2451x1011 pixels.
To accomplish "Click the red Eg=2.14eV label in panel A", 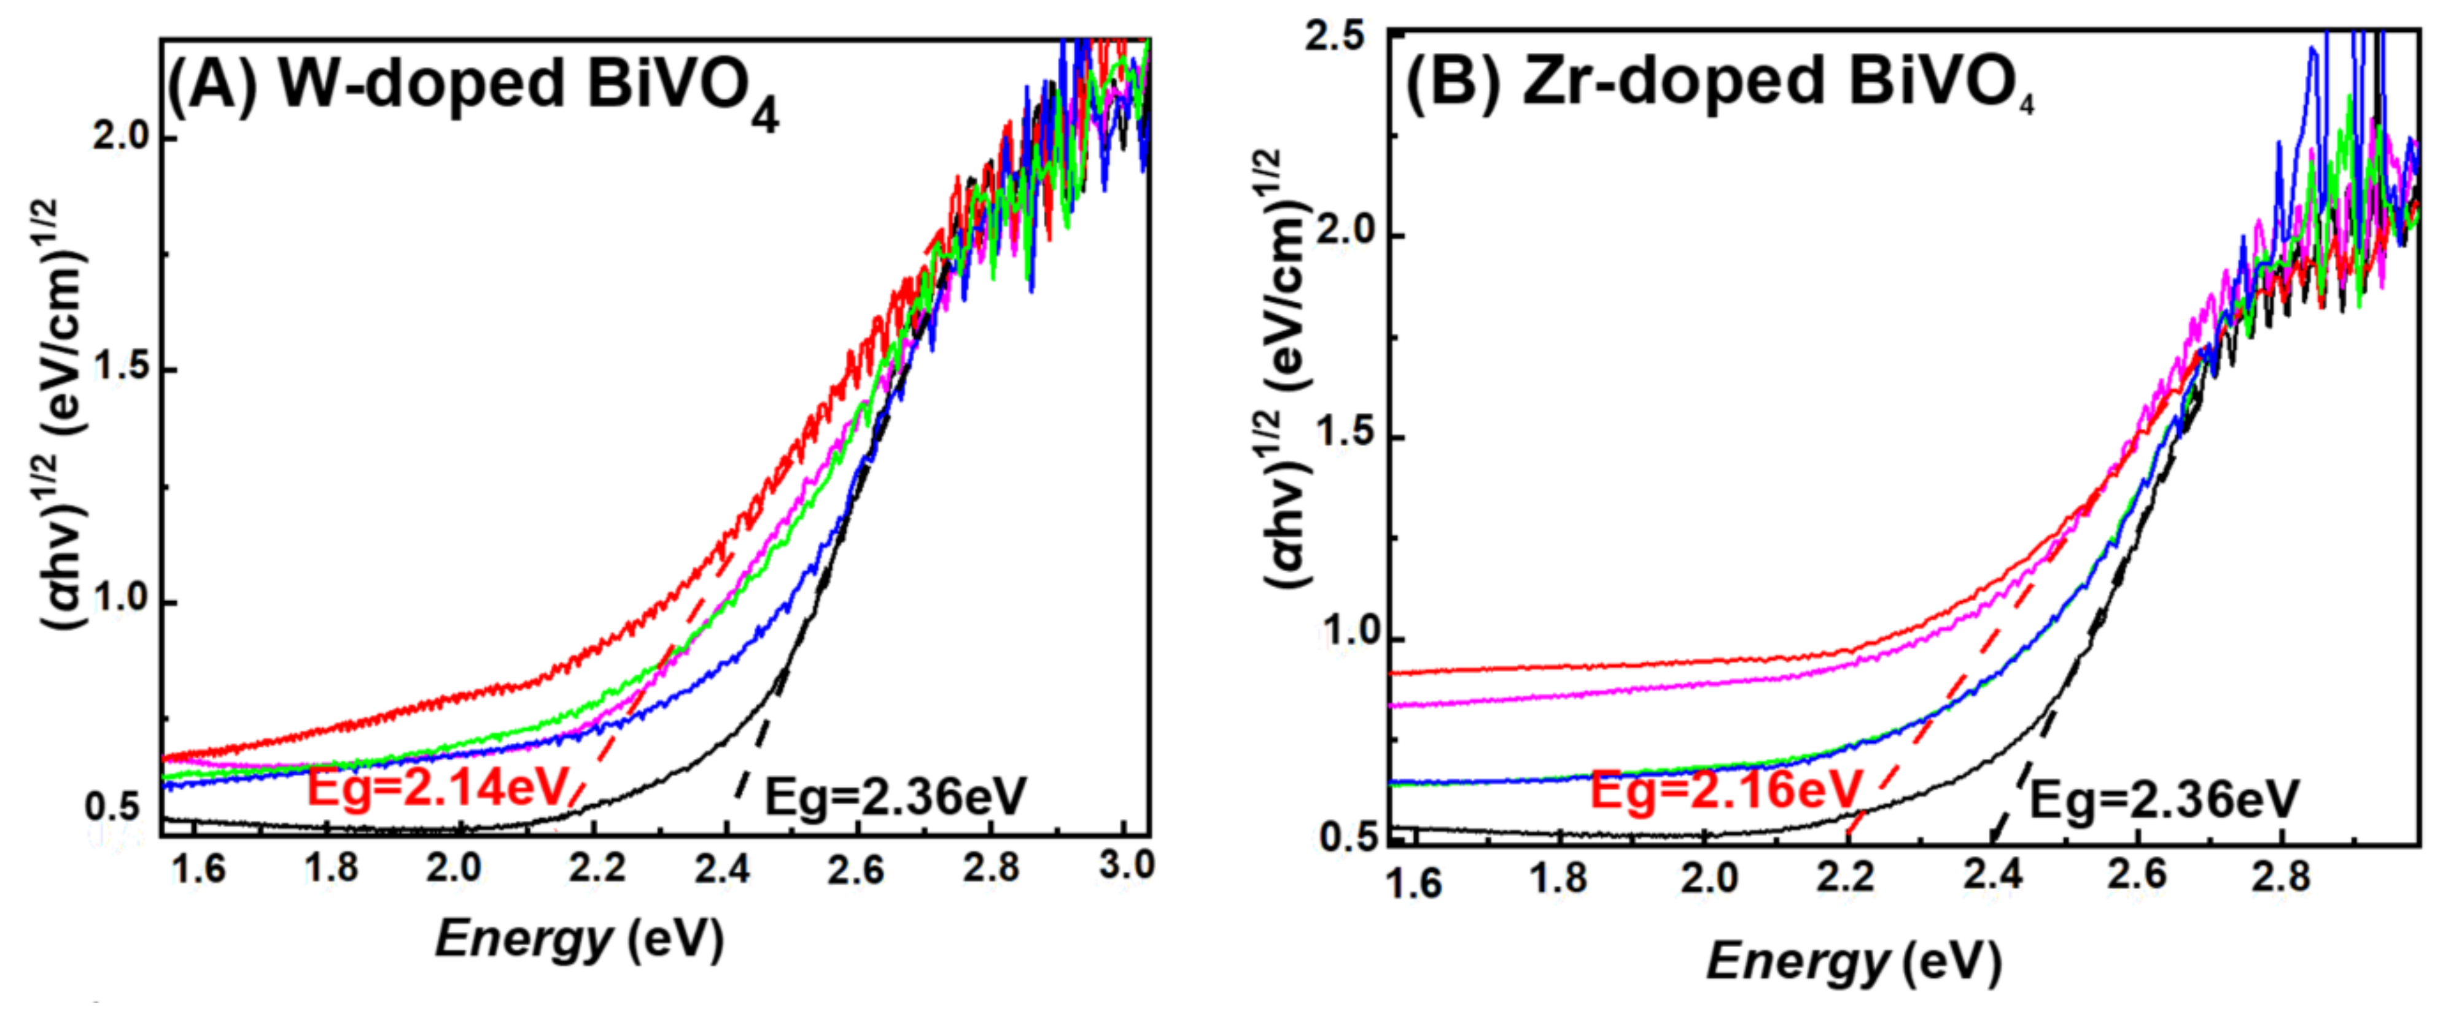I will coord(438,788).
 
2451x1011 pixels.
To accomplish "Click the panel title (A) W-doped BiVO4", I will coord(473,88).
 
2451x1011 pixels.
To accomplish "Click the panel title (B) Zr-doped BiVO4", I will coord(1720,83).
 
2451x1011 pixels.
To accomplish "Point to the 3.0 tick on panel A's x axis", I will coord(1125,866).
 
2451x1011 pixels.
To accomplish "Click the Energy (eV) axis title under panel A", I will coord(578,940).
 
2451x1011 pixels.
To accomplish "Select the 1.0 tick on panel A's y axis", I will coord(122,599).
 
